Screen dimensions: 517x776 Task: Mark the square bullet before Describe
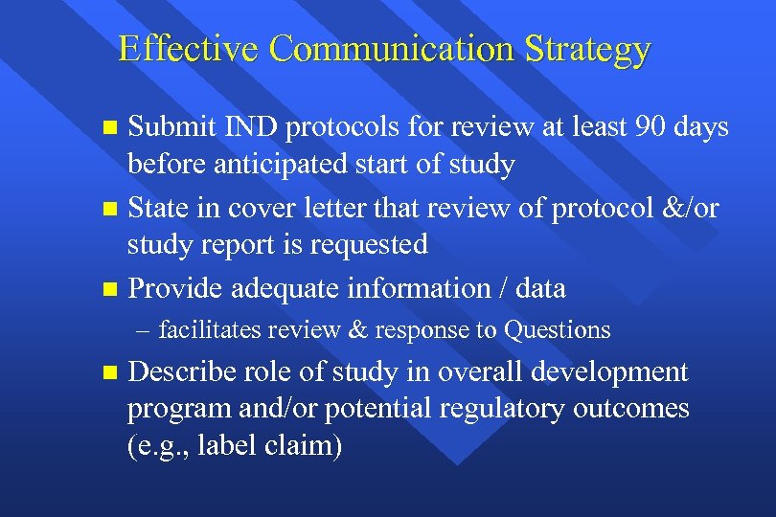(x=109, y=371)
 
